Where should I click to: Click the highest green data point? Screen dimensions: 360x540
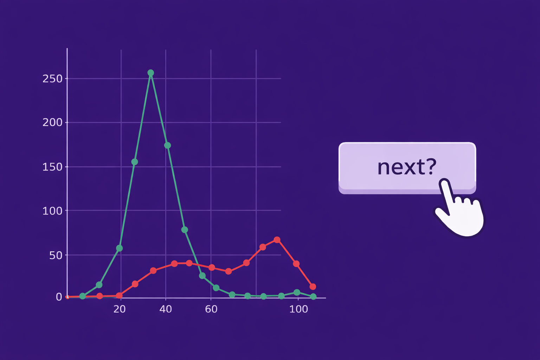pyautogui.click(x=151, y=73)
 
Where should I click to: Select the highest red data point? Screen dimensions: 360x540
pyautogui.click(x=277, y=240)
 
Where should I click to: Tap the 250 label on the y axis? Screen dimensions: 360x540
pyautogui.click(x=52, y=79)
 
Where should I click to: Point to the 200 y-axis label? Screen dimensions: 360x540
pyautogui.click(x=52, y=123)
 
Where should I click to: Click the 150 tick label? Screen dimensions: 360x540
pyautogui.click(x=52, y=167)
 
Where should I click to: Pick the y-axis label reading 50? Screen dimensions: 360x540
pyautogui.click(x=56, y=255)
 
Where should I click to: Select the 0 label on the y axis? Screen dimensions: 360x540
pyautogui.click(x=59, y=297)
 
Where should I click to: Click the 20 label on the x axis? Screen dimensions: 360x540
pyautogui.click(x=120, y=309)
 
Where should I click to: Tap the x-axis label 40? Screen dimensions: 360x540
pyautogui.click(x=166, y=309)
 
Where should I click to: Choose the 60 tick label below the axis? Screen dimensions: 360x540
pyautogui.click(x=211, y=309)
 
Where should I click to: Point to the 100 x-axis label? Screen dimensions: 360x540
pyautogui.click(x=298, y=309)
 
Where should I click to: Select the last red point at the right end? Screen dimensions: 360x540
pyautogui.click(x=313, y=287)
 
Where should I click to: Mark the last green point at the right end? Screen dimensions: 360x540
pyautogui.click(x=313, y=297)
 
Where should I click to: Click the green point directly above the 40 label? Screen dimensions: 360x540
pyautogui.click(x=168, y=145)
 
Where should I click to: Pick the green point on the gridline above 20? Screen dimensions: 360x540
pyautogui.click(x=120, y=248)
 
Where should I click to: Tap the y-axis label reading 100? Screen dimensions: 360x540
pyautogui.click(x=52, y=211)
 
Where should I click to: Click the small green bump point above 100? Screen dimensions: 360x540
pyautogui.click(x=297, y=292)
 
